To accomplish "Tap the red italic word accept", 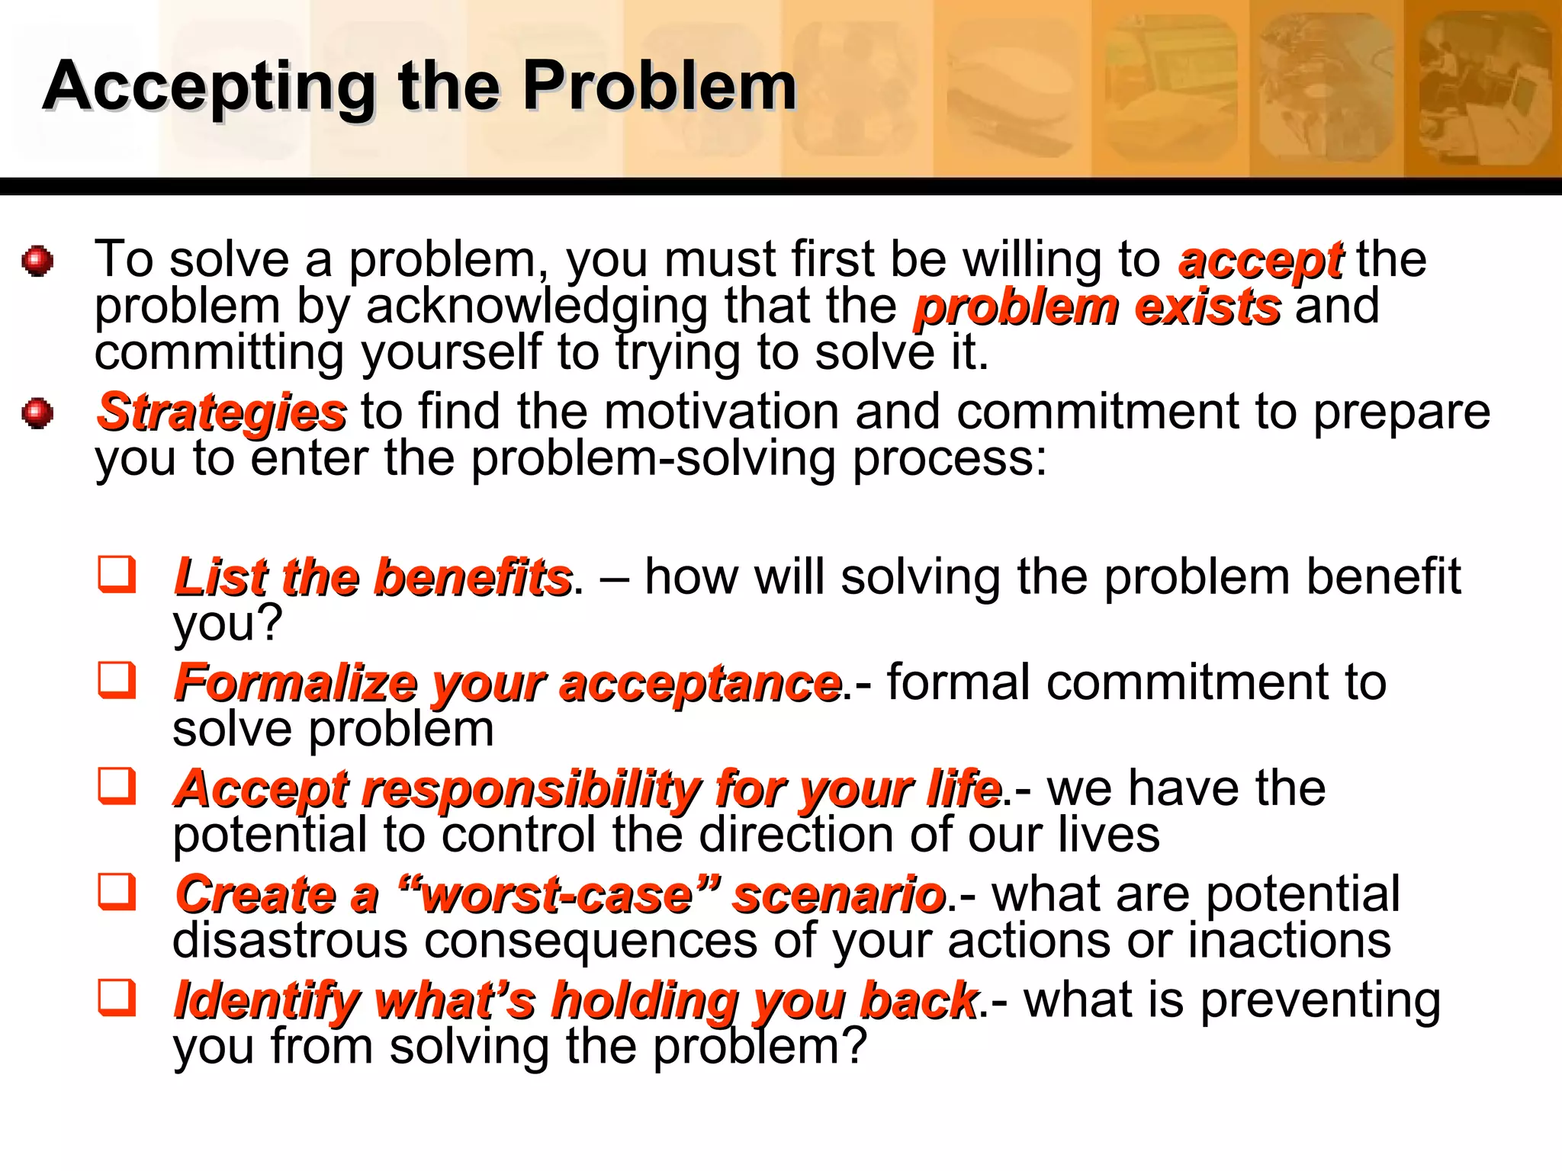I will pos(1260,261).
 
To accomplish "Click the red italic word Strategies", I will pos(222,412).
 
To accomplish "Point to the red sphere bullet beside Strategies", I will pos(37,413).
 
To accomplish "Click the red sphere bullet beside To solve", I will pos(37,261).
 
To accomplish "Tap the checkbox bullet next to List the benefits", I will pos(117,575).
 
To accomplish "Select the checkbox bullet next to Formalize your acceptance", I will pos(117,680).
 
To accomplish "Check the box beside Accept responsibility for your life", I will pos(117,786).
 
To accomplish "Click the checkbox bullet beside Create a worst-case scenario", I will pos(117,892).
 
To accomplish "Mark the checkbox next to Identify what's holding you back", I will pos(117,998).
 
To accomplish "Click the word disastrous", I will pos(290,940).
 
